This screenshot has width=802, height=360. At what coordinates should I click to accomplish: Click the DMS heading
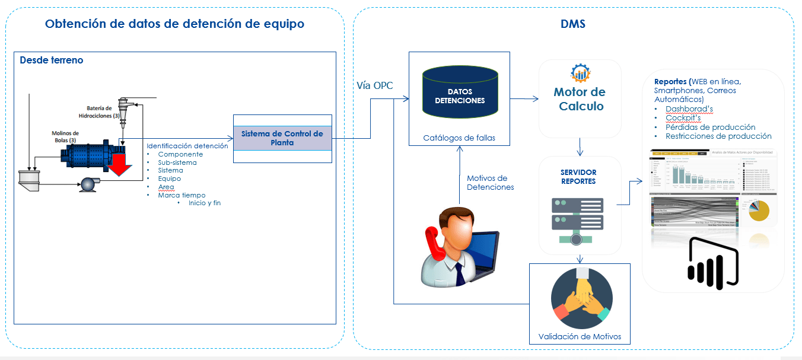573,24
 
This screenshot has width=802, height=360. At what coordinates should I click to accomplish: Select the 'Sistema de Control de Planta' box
282,138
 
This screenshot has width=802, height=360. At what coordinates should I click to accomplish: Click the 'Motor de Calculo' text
579,99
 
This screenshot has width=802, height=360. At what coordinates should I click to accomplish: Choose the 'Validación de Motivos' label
580,336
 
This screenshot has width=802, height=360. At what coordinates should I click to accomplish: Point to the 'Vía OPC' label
375,85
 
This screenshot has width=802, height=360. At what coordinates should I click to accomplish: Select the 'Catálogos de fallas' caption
459,138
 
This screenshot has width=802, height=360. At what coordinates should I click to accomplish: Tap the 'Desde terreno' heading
52,60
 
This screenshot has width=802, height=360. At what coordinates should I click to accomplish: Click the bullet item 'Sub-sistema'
177,163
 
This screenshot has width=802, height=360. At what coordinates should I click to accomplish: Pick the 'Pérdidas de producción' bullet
710,127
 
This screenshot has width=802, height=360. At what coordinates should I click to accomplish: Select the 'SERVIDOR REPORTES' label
578,177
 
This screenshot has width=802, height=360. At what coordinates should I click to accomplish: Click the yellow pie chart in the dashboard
758,211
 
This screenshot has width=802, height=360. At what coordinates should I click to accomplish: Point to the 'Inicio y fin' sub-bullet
205,203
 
